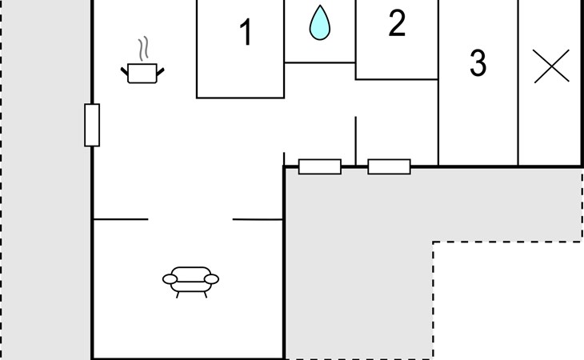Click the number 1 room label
(246, 34)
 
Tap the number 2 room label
(397, 25)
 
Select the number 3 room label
(478, 63)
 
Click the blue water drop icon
(320, 23)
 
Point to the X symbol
(551, 66)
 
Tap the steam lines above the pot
(143, 50)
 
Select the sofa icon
(190, 279)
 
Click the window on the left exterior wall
(92, 125)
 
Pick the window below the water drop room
(319, 166)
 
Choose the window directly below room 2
(389, 166)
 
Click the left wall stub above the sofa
(121, 218)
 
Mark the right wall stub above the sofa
(258, 218)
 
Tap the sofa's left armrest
(169, 279)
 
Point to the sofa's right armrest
(212, 278)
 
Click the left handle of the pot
(125, 72)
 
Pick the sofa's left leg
(178, 294)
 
